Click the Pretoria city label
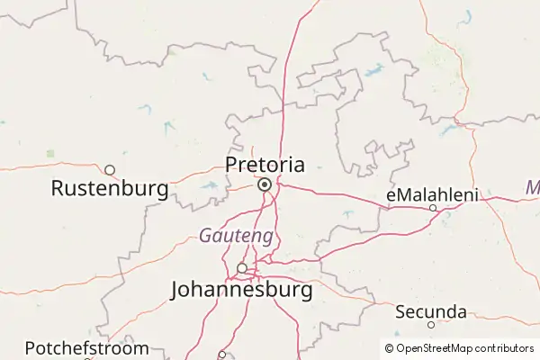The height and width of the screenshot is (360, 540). pos(265,165)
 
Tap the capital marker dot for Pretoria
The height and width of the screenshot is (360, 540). pos(265,184)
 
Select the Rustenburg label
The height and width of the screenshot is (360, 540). pos(110,189)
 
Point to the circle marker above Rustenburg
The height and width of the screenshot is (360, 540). pos(110,169)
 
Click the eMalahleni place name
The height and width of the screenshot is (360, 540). pos(432,194)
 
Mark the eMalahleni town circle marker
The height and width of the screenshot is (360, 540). pos(433,208)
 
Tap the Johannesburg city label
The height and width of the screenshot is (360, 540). pos(242,291)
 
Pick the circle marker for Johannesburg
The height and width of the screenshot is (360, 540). pos(241,267)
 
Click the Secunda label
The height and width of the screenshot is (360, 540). pos(431,311)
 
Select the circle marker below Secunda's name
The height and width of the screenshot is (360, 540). pos(431,325)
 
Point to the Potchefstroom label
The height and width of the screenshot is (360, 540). pos(86,347)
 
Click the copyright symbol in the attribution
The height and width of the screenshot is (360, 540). pos(389,348)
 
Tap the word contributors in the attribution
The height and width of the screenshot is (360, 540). pos(505,348)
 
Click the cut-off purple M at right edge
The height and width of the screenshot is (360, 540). pos(534,188)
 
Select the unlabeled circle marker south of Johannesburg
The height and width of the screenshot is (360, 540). pos(222,354)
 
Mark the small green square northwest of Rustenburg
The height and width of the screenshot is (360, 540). pos(50,153)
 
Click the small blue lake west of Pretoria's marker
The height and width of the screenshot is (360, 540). pos(211,186)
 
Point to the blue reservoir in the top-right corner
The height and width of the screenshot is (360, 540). pos(467,15)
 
